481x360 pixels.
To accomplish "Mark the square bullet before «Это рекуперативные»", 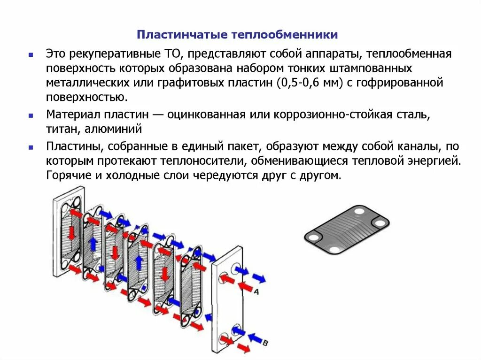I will point(31,54).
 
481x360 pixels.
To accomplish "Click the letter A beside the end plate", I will point(256,291).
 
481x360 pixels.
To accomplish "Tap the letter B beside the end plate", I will point(265,344).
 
